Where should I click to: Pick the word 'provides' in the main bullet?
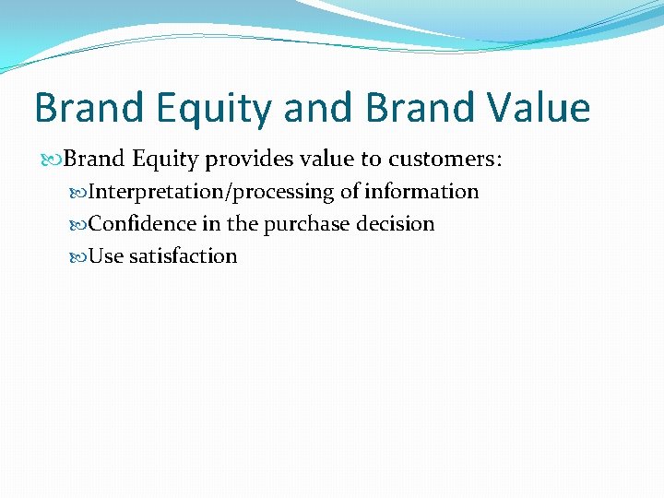(240, 160)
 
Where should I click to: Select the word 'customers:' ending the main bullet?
(446, 160)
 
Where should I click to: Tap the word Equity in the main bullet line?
(165, 160)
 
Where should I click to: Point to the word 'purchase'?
(303, 224)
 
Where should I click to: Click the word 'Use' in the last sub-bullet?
(106, 256)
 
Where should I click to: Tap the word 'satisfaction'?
(183, 256)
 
